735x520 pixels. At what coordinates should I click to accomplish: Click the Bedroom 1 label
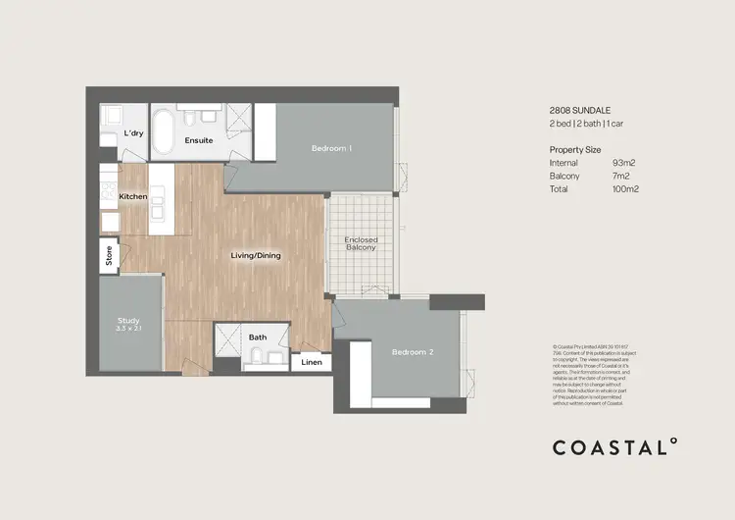(331, 148)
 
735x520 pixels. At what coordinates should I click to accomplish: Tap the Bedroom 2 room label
(412, 352)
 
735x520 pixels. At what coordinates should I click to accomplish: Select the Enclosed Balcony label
(361, 244)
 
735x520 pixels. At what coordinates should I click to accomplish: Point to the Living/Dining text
(256, 256)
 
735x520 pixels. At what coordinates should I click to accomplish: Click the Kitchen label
(133, 197)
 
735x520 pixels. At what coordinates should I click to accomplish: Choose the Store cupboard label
(109, 256)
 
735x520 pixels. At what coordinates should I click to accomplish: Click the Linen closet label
(311, 363)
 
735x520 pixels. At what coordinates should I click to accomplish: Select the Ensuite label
(199, 140)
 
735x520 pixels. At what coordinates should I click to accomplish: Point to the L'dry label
(133, 133)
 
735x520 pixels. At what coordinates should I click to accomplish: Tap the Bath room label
(258, 338)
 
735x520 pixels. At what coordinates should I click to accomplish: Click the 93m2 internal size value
(624, 163)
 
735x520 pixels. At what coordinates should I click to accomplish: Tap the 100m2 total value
(625, 188)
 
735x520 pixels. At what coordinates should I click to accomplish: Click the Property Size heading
(578, 149)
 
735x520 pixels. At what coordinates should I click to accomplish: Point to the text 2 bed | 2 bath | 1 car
(591, 127)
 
